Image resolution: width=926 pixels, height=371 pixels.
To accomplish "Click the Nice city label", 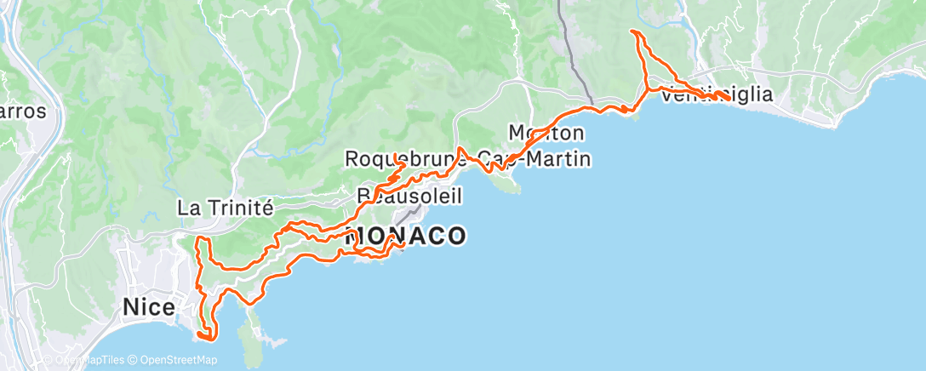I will (x=150, y=305).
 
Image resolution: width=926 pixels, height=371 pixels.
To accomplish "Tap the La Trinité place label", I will (x=225, y=207).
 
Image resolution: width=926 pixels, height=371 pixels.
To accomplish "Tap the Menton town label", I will (x=546, y=133).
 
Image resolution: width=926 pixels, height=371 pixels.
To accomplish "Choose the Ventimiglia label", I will (x=717, y=94).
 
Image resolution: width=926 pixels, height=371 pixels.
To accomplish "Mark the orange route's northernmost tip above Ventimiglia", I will (x=632, y=31).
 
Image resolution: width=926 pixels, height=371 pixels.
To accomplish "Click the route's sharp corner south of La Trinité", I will (x=198, y=240).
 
